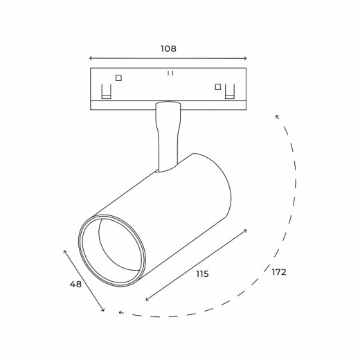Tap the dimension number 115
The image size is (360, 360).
point(201,274)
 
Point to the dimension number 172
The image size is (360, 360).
point(279,272)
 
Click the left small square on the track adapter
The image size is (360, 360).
point(118,78)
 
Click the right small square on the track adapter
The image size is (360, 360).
point(218,87)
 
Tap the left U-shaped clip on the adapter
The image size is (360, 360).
point(106,91)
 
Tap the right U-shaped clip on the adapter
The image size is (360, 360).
point(231,91)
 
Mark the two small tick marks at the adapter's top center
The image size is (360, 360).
point(168,72)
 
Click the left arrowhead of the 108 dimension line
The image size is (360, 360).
point(91,59)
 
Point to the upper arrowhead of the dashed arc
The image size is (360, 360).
point(278,117)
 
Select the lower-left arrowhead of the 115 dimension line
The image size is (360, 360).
point(147,300)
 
